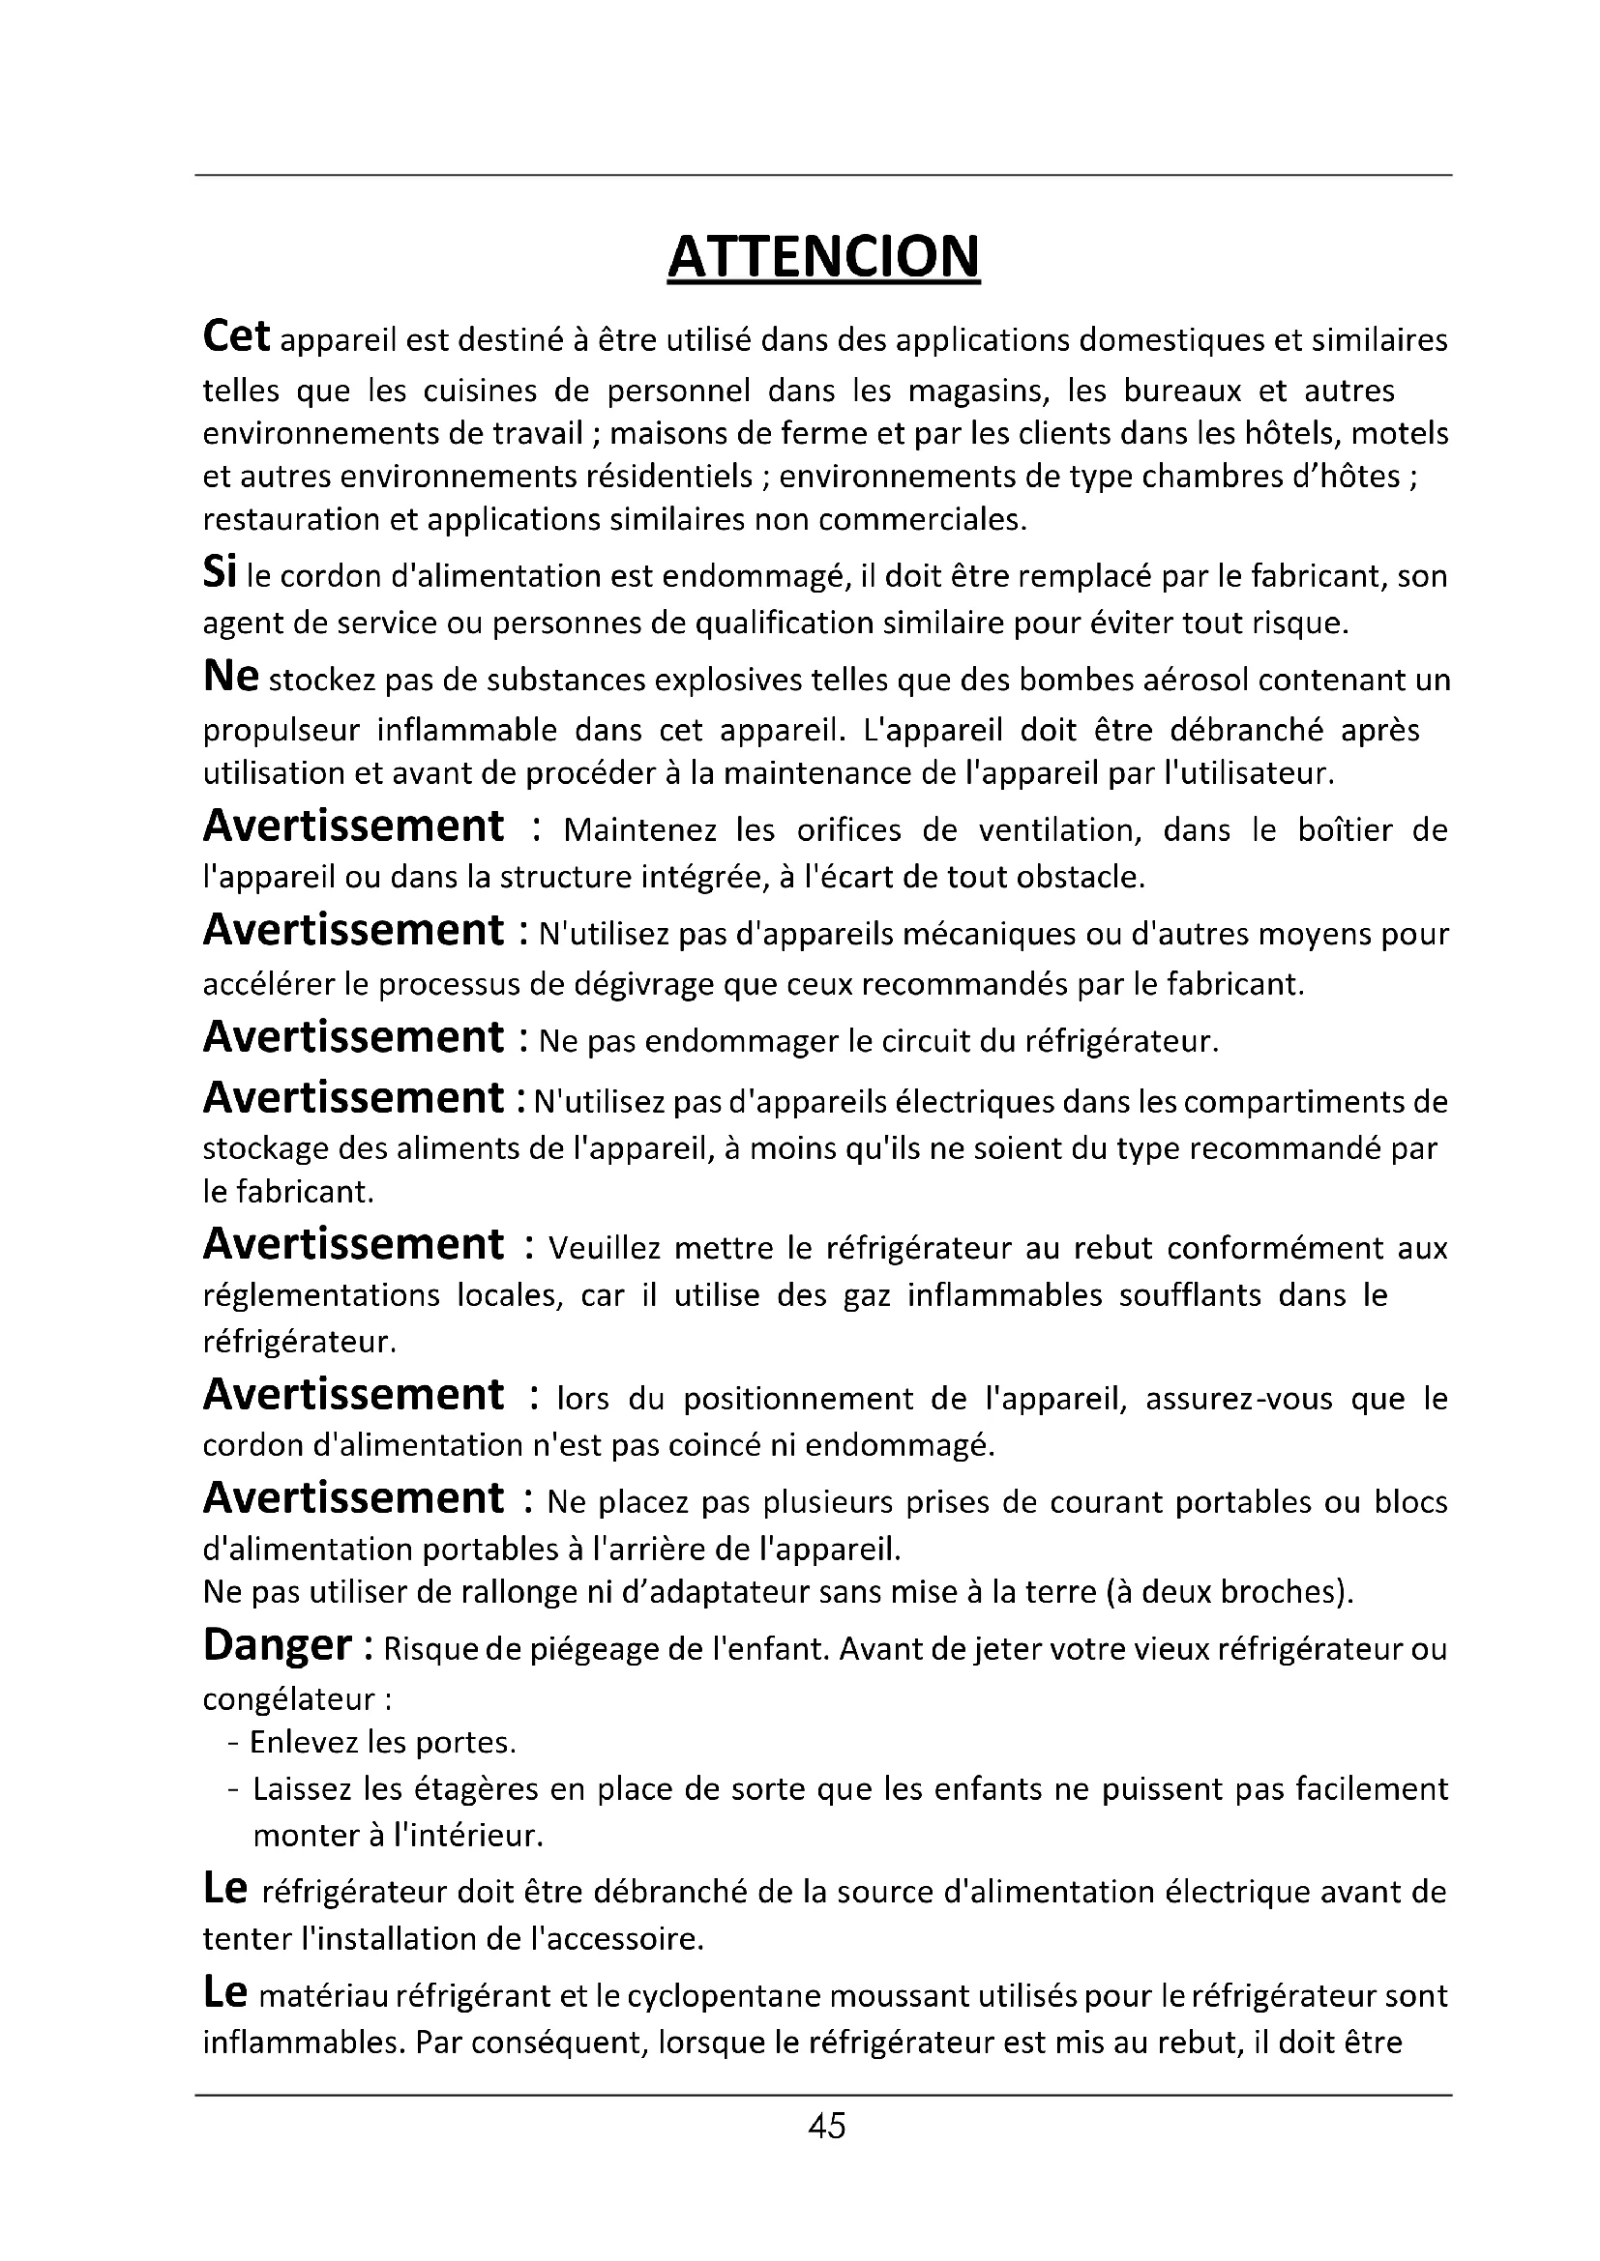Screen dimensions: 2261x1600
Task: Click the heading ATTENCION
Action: pos(823,257)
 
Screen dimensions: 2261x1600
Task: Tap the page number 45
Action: pos(825,2126)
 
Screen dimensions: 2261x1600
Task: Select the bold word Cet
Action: pos(235,336)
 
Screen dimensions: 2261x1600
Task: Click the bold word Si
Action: pos(219,573)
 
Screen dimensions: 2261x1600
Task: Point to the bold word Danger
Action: pos(278,1645)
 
